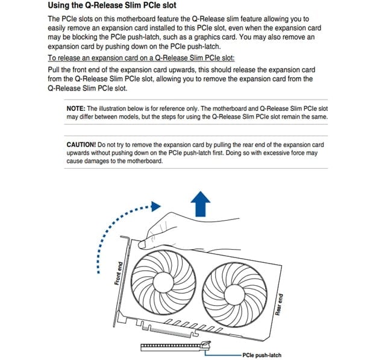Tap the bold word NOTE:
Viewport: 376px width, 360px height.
point(76,108)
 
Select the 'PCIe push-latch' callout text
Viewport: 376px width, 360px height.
point(261,355)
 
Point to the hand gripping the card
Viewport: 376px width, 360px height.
point(181,229)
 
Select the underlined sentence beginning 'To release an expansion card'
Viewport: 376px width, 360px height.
point(141,58)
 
